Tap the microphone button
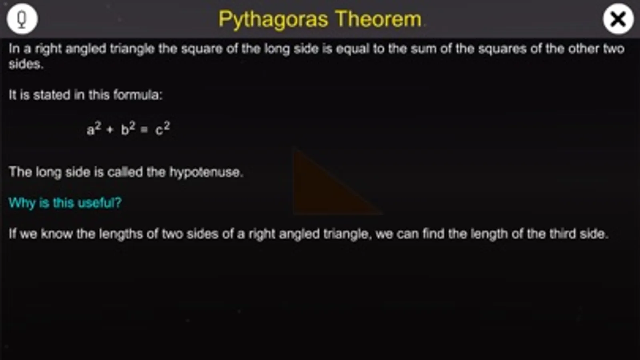[22, 19]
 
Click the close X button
[618, 19]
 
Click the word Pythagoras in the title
[273, 20]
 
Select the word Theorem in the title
[378, 19]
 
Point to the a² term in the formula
[94, 128]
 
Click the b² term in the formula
[128, 128]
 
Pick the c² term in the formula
[163, 128]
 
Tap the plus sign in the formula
[110, 130]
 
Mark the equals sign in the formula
[144, 130]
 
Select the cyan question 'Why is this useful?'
[65, 203]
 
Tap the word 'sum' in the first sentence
[423, 49]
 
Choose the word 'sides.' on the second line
[26, 64]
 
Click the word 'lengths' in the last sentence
[121, 234]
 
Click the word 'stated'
[51, 95]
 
